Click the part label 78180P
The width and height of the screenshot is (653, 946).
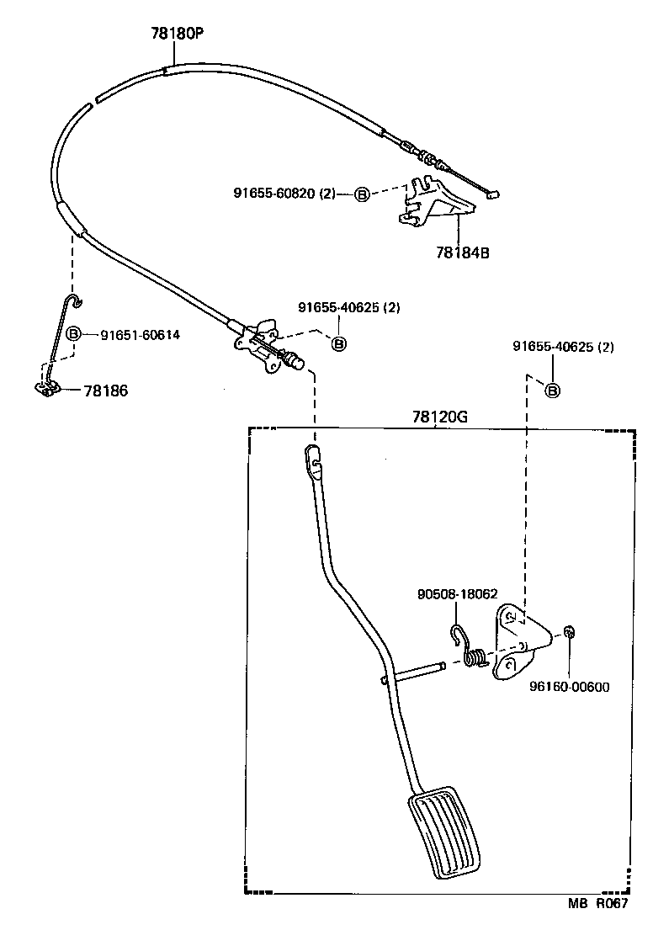177,34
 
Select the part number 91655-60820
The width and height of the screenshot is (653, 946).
276,193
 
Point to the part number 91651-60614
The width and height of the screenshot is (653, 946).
140,334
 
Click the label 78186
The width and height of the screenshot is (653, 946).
106,391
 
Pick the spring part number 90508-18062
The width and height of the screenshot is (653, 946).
457,593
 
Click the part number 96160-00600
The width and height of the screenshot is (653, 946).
569,686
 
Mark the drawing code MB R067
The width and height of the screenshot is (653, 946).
597,904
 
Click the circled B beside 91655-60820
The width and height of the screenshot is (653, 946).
361,194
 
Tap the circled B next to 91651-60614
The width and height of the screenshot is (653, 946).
73,334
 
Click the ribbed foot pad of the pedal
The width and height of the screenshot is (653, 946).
446,832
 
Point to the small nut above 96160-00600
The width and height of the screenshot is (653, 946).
570,632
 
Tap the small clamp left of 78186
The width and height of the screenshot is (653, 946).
47,387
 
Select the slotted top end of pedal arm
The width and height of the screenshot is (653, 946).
312,459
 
